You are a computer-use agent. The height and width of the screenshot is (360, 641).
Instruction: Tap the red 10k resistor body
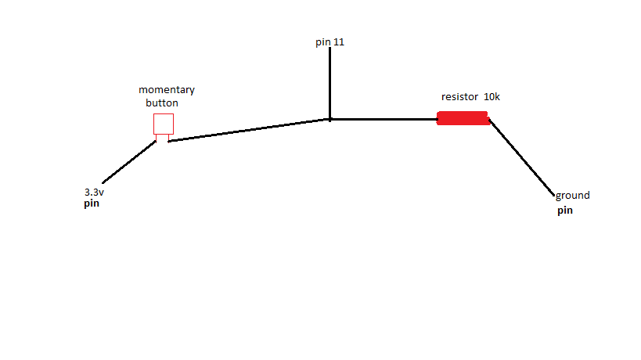(463, 118)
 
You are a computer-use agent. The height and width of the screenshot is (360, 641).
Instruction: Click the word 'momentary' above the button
(167, 89)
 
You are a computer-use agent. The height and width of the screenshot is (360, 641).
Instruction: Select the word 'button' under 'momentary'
(162, 103)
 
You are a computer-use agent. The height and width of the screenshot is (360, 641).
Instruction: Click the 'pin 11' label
(330, 42)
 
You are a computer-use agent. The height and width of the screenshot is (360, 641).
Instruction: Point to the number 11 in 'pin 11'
(339, 41)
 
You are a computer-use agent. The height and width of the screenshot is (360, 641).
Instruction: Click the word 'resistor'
(459, 97)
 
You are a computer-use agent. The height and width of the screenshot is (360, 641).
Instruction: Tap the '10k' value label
(492, 97)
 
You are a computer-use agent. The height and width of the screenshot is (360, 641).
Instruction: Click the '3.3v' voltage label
(94, 192)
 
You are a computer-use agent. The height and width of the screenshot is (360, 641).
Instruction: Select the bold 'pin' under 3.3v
(92, 203)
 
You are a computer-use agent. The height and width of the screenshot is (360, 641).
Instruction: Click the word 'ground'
(572, 196)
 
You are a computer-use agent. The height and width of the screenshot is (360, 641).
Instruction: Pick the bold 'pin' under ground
(565, 211)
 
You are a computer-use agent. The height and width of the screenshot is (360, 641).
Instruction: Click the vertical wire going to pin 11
(330, 84)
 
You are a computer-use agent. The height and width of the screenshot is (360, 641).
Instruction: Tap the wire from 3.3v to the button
(129, 162)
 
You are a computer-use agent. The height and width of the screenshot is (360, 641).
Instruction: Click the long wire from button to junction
(249, 131)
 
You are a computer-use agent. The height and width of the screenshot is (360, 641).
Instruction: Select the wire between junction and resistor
(384, 119)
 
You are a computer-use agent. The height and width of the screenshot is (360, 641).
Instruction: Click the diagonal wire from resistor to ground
(521, 158)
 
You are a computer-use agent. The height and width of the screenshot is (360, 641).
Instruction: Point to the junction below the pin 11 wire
(330, 119)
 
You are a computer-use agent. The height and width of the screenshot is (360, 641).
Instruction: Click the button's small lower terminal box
(162, 138)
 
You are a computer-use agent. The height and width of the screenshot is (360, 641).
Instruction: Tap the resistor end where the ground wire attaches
(489, 120)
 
